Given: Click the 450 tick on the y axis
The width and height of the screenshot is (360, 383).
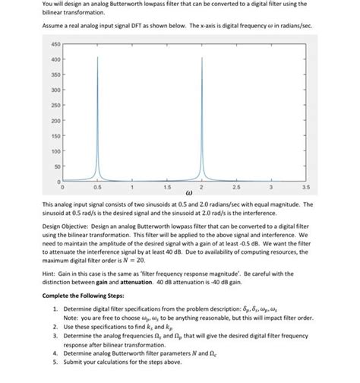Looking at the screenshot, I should point(55,43).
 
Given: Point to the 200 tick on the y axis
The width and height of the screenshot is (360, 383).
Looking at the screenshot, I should point(55,121).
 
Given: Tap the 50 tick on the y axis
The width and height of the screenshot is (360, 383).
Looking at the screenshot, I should point(56,167).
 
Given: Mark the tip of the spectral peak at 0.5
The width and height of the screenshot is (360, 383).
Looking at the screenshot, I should point(97,57).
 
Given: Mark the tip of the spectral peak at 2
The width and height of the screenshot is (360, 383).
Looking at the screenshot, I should point(201,57).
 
